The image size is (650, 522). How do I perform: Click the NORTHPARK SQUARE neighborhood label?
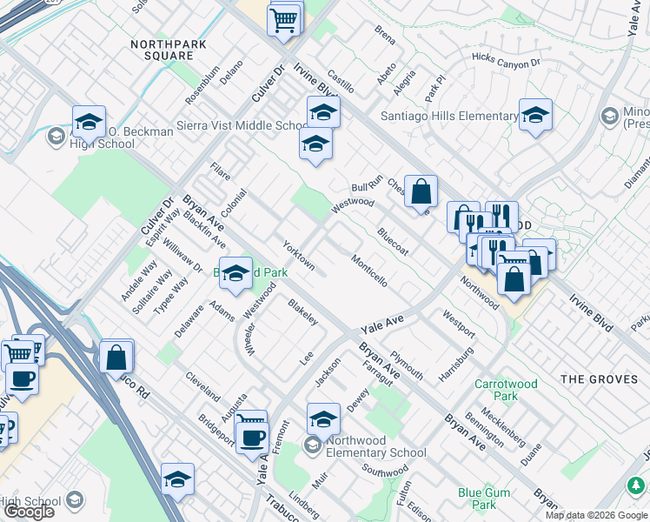[162, 50]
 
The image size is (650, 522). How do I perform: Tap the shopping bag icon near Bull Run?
[421, 191]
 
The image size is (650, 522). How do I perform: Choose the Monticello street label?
[369, 271]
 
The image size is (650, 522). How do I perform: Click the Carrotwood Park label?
[507, 390]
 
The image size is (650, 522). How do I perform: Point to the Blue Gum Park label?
[477, 499]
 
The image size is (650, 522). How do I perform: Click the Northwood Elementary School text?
[376, 446]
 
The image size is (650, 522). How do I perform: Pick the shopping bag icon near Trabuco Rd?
[116, 357]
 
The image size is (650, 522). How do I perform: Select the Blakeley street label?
[303, 311]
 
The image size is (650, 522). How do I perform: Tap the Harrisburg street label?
[456, 363]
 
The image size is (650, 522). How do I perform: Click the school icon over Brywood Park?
[235, 274]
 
